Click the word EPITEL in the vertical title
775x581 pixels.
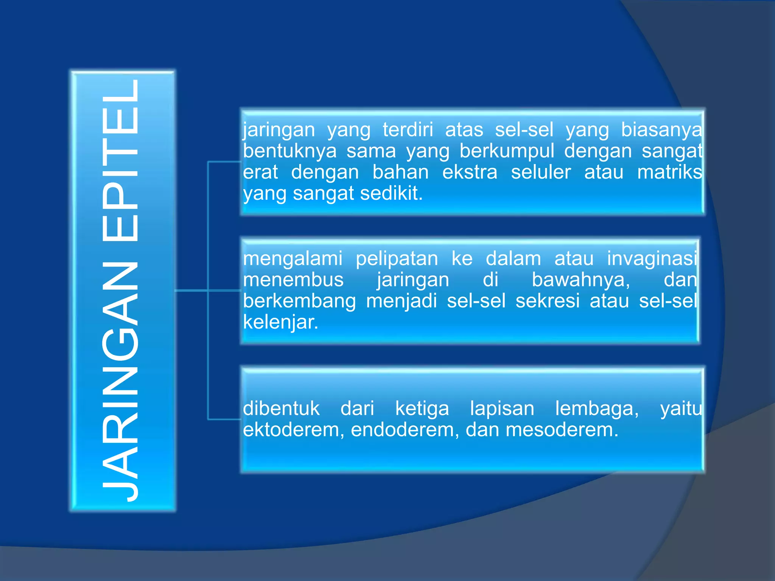click(x=120, y=161)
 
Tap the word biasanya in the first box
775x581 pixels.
click(x=661, y=130)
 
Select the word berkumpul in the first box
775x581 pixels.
click(x=507, y=151)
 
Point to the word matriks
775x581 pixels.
click(x=669, y=172)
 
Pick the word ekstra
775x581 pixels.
click(x=470, y=172)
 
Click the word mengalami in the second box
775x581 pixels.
click(x=293, y=259)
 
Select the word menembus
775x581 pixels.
click(x=293, y=280)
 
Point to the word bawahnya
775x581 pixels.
click(x=581, y=280)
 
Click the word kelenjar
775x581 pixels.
click(x=280, y=323)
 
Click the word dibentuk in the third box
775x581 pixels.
click(x=281, y=409)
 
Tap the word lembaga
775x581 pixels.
click(x=597, y=409)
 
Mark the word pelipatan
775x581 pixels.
click(x=397, y=259)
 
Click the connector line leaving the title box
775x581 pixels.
click(x=191, y=290)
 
